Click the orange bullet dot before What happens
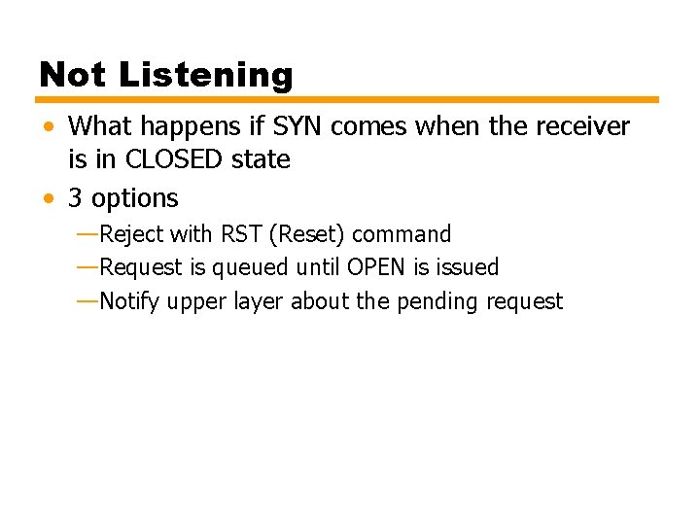tap(49, 127)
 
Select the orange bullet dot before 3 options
tap(49, 199)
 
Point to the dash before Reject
tap(87, 234)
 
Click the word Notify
tap(130, 301)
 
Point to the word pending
tap(436, 302)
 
